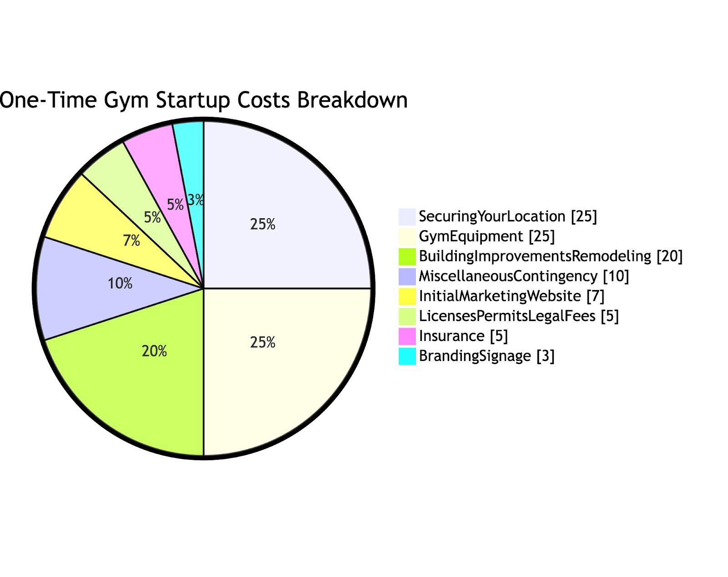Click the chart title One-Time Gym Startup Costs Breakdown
(203, 100)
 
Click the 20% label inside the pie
(154, 351)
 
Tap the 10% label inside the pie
(120, 284)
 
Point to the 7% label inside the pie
(131, 241)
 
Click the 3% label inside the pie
(196, 200)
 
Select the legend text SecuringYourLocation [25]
(508, 216)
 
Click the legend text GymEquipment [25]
(487, 236)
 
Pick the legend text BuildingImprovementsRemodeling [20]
(551, 256)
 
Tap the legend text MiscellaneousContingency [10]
(524, 276)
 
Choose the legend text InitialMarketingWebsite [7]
(511, 296)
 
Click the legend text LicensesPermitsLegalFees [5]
(519, 316)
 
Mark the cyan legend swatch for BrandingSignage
(407, 356)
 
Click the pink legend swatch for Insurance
(407, 336)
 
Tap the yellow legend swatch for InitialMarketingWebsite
(407, 296)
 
